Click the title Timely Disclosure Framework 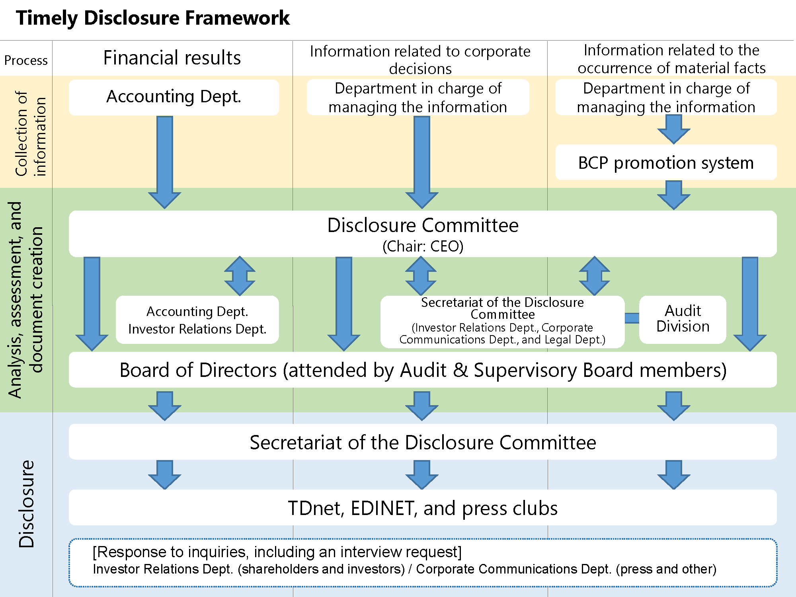coord(153,18)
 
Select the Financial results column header coord(172,58)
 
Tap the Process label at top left coord(26,60)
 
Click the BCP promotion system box coord(666,163)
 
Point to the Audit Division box coord(683,319)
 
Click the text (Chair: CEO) coord(423,246)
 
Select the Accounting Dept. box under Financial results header coord(174,97)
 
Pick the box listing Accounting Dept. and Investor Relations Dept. coord(197,320)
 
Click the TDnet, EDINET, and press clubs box coord(423,508)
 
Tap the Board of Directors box coord(423,370)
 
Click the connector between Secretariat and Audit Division coord(632,318)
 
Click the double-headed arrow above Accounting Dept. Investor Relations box coord(240,276)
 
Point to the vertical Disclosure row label coord(27,504)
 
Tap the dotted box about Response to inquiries coord(423,562)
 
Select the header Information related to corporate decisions coord(420,60)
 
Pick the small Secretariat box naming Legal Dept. coord(502,322)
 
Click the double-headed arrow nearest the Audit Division coord(594,276)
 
